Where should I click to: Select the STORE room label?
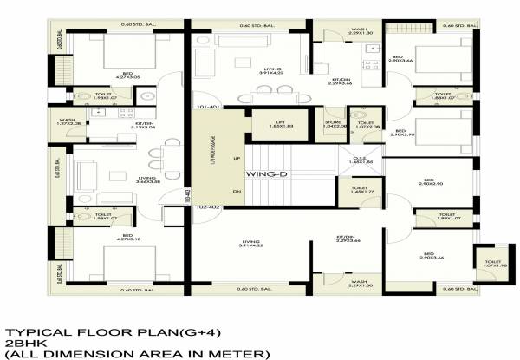330,125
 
